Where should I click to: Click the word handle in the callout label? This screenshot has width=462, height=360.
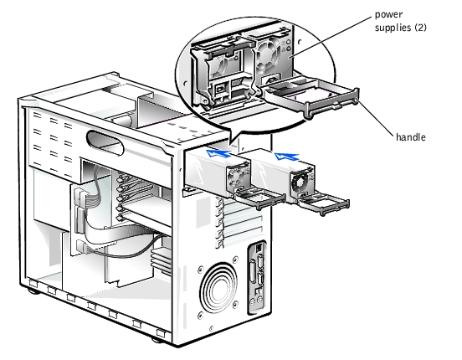coord(410,137)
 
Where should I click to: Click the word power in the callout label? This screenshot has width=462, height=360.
coord(388,15)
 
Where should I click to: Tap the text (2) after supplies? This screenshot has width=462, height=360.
coord(420,28)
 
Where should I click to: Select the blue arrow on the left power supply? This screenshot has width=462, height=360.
coord(218,153)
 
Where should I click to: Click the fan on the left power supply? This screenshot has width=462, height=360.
coord(237,177)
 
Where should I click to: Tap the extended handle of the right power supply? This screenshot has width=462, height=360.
coord(324,203)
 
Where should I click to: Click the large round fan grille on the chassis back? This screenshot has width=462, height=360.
coord(219,287)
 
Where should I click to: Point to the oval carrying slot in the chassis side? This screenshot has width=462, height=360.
coord(105,142)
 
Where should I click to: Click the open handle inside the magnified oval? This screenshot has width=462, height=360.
coord(312,96)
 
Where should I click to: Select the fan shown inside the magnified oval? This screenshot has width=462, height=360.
coord(268,54)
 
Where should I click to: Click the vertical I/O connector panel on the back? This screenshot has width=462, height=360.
coord(257,277)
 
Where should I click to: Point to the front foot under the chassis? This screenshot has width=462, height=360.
coord(33,291)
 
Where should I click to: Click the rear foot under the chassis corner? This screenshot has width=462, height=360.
coord(157,340)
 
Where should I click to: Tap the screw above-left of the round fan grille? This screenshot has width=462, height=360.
coord(201,269)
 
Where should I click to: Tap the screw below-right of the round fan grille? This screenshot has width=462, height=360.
coord(235,305)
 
